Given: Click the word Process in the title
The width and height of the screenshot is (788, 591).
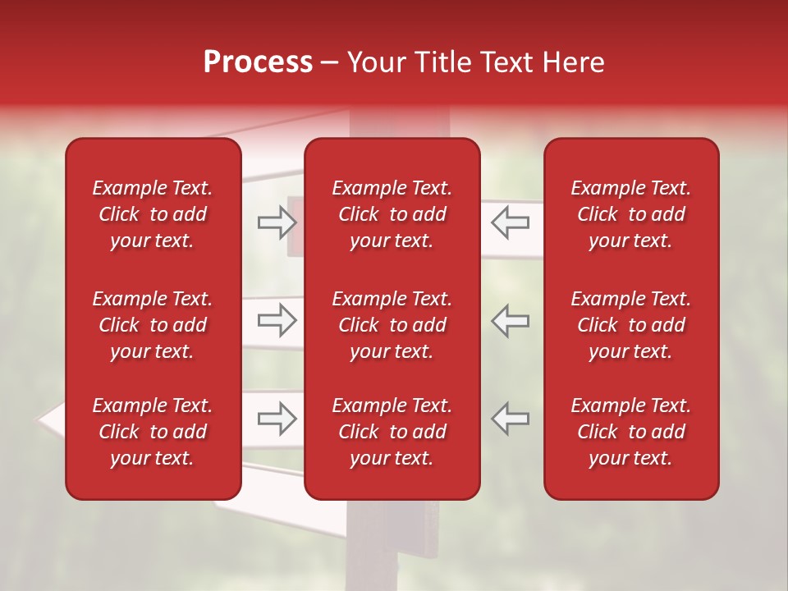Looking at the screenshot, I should (258, 62).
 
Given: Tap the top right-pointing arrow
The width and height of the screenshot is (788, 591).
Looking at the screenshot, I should (277, 222).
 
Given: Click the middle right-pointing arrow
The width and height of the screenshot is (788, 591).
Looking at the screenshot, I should (277, 320).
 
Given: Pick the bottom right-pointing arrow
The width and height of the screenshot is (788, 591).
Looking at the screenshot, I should (277, 419).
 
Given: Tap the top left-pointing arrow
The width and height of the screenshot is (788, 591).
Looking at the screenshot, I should (511, 222).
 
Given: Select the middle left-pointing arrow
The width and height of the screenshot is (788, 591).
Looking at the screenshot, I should (511, 320).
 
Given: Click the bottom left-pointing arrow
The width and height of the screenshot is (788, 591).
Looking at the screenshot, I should (511, 419).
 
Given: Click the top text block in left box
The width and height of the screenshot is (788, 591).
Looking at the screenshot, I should (153, 214).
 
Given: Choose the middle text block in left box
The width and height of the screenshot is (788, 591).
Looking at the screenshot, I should (153, 325).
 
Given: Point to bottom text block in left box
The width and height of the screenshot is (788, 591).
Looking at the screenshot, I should (153, 432).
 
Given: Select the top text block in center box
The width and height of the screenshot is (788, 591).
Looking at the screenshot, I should (392, 214).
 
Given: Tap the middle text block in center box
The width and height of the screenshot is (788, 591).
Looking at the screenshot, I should (392, 325).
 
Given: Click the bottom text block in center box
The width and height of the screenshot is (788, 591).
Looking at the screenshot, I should (392, 432).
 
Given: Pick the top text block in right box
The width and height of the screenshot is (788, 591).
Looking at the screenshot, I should (630, 214).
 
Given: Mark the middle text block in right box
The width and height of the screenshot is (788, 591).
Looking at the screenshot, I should (630, 325).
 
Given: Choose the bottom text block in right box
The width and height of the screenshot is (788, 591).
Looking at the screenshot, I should (630, 432).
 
